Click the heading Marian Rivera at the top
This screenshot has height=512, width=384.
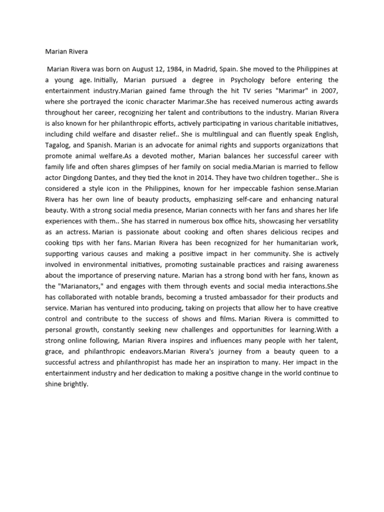click(x=66, y=51)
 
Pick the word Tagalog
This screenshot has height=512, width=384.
click(x=57, y=145)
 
